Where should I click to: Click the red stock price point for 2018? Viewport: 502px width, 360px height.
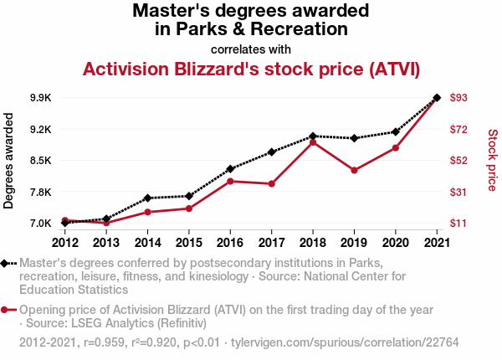point(312,142)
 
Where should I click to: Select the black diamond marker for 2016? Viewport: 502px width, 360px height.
point(230,169)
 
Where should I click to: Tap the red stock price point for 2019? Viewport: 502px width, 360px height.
point(354,171)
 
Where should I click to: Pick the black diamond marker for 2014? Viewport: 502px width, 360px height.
point(147,198)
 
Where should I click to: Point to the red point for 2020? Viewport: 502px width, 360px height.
point(395,148)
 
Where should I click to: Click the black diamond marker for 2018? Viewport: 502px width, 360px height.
point(312,136)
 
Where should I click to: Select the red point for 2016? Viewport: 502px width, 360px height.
point(230,181)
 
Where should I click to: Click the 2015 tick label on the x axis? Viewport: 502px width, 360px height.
point(188,243)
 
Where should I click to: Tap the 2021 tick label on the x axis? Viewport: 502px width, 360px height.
point(436,243)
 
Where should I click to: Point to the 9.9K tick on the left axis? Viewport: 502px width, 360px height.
point(39,98)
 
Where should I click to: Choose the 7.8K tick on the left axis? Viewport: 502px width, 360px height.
point(39,193)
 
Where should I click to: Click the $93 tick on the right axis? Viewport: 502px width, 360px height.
point(458,98)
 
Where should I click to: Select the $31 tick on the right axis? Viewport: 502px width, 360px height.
point(458,193)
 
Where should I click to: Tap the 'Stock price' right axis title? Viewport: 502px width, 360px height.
point(492,161)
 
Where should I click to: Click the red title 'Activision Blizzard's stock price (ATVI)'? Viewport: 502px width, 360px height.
point(251,68)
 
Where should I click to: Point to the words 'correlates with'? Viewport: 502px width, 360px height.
point(251,49)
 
